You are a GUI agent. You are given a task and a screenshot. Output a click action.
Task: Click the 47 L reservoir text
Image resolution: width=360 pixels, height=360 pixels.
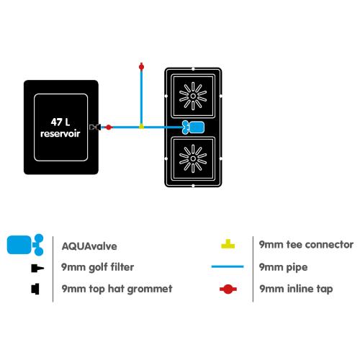[60, 128]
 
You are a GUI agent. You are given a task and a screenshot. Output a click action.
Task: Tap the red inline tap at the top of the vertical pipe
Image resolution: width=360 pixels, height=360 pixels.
[141, 66]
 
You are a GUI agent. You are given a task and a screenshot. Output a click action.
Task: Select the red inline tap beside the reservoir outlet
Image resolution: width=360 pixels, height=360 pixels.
[109, 127]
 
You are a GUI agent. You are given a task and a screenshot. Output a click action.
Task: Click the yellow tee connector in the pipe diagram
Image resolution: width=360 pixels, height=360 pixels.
[142, 126]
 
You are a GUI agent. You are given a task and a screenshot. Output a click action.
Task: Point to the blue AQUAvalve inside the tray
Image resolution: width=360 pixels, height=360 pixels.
[193, 127]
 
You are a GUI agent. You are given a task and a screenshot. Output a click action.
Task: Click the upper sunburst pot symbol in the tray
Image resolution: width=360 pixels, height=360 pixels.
[193, 96]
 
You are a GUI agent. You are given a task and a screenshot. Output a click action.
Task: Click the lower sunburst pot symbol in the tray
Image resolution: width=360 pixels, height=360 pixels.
[193, 158]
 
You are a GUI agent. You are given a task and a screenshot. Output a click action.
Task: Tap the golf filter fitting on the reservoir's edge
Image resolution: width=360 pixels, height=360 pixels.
[95, 127]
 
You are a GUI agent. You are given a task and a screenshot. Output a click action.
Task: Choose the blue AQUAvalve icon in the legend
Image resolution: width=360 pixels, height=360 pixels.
[25, 245]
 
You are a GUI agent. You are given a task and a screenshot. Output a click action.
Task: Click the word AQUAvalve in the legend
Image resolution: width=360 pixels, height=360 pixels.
[89, 246]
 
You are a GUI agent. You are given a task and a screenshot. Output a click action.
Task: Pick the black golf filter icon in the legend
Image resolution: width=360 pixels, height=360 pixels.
[37, 268]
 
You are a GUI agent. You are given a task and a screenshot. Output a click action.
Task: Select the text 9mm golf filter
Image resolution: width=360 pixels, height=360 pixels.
[97, 267]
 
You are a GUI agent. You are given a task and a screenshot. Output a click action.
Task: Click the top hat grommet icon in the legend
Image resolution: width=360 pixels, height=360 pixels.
[35, 289]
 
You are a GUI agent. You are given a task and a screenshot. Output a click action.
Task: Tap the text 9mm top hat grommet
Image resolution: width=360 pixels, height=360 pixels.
[117, 289]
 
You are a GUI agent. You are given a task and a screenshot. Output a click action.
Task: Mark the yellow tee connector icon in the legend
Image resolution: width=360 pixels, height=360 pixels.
[228, 244]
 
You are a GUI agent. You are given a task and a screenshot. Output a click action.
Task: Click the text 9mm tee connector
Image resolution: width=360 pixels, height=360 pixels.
[306, 245]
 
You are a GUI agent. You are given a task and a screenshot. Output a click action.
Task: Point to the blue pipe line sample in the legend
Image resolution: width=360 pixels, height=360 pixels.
[228, 266]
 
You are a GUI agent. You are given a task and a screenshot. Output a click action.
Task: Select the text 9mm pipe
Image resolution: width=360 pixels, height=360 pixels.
[284, 267]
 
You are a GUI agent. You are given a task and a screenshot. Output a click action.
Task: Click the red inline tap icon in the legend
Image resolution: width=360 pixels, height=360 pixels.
[228, 289]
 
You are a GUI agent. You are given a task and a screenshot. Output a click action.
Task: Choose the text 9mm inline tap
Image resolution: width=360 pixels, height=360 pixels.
[296, 289]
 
